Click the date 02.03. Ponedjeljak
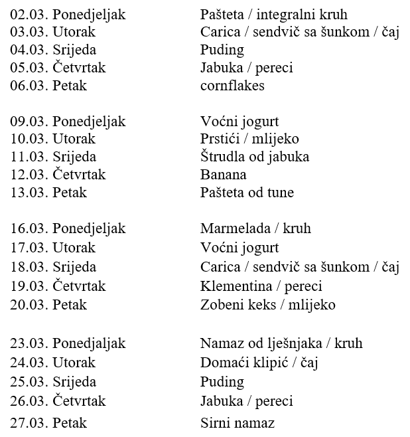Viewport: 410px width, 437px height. pyautogui.click(x=68, y=15)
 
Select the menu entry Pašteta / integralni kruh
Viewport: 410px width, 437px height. pyautogui.click(x=273, y=15)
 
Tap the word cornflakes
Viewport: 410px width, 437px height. pyautogui.click(x=232, y=86)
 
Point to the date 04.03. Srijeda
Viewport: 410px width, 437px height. pyautogui.click(x=54, y=50)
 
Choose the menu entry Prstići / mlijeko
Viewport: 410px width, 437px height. pyautogui.click(x=249, y=139)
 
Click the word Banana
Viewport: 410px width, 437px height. pyautogui.click(x=223, y=175)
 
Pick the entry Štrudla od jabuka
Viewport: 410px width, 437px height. pyautogui.click(x=255, y=157)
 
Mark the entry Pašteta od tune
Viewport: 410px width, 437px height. pyautogui.click(x=247, y=193)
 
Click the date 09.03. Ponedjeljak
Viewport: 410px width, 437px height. pyautogui.click(x=68, y=122)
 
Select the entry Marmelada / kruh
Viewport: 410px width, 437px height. pyautogui.click(x=255, y=228)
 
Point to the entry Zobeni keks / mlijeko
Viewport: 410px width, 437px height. pyautogui.click(x=267, y=305)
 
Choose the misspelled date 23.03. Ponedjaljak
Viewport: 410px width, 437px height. pyautogui.click(x=68, y=344)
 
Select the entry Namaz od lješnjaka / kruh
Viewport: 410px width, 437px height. pyautogui.click(x=281, y=344)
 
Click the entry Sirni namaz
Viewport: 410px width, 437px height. pyautogui.click(x=237, y=423)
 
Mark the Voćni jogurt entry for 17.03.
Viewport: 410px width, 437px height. pyautogui.click(x=239, y=248)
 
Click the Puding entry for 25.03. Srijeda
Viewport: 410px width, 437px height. pyautogui.click(x=222, y=382)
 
